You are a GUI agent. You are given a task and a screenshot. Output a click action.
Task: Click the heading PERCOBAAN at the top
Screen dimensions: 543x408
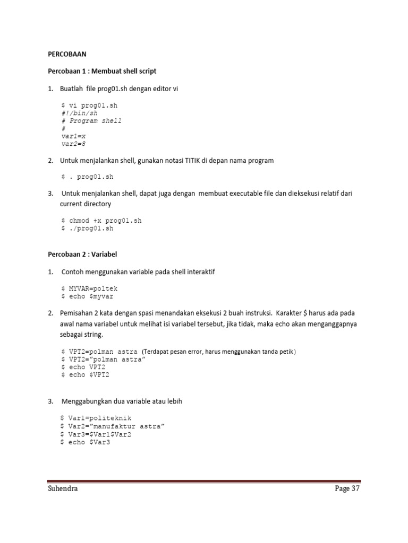point(67,54)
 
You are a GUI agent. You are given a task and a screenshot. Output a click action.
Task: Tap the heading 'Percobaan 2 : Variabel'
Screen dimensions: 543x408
point(82,255)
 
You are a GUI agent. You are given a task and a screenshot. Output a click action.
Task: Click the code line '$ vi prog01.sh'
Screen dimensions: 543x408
point(88,106)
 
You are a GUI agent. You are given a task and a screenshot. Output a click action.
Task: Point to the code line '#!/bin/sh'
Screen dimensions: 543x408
point(80,113)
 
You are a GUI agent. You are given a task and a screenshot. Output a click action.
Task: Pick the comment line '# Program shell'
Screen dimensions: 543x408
point(91,121)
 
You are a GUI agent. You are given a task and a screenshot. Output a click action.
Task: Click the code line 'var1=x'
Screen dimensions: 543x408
point(74,136)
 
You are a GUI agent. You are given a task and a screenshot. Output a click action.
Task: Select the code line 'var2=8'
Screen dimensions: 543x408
point(74,144)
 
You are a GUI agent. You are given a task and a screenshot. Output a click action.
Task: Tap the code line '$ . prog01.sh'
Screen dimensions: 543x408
point(88,177)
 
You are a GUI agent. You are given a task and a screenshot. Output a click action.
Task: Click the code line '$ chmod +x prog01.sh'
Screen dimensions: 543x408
point(101,220)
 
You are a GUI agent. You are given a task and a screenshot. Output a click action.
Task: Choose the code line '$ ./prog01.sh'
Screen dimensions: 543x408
point(88,229)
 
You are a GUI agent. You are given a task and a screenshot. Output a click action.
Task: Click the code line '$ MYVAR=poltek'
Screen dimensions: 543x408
point(89,288)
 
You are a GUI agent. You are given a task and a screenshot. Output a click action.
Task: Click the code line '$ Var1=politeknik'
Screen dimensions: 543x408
point(97,418)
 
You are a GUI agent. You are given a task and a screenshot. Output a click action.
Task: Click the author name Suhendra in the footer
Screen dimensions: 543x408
point(63,489)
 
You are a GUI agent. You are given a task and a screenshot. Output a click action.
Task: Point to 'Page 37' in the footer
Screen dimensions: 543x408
point(347,489)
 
